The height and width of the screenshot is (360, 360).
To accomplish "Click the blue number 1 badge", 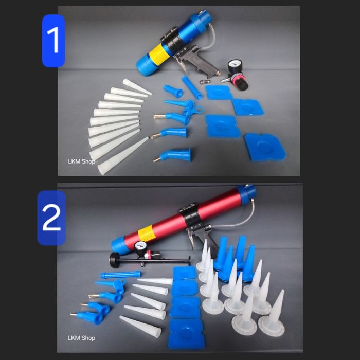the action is [53, 41].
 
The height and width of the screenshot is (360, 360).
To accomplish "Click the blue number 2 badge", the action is [51, 218].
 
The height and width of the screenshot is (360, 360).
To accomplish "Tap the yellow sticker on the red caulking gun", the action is [146, 233].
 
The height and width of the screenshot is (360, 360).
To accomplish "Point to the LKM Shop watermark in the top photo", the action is [81, 161].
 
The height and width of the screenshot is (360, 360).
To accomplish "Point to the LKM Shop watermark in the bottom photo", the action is [81, 338].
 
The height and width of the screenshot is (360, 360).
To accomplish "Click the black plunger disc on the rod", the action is [114, 260].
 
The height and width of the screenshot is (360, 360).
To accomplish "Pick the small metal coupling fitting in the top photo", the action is [204, 81].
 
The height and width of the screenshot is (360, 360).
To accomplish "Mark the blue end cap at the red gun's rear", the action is [247, 192].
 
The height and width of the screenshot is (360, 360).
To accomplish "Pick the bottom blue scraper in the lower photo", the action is [186, 334].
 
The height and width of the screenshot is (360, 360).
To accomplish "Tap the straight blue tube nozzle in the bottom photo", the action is [120, 274].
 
